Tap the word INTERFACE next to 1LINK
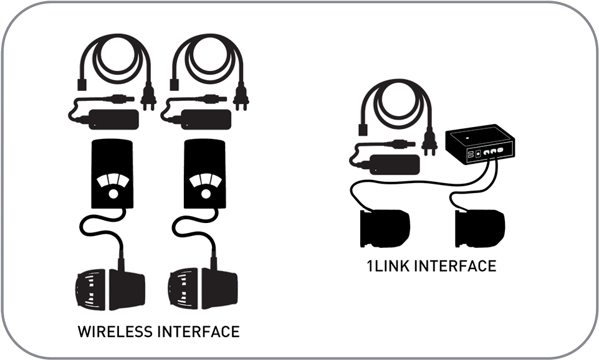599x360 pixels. pos(455,267)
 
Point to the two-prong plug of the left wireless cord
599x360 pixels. pos(148,100)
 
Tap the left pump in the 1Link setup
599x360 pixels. pos(385,228)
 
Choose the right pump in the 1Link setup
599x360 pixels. pos(481,228)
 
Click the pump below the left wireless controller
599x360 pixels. pos(110,288)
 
